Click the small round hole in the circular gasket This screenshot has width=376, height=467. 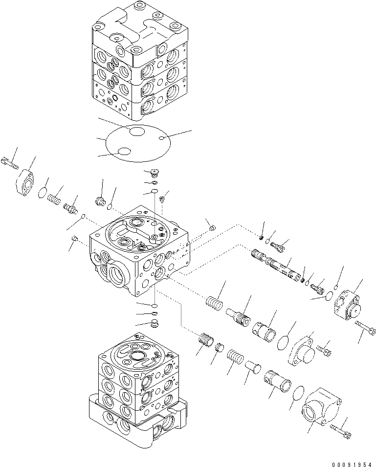click(x=161, y=140)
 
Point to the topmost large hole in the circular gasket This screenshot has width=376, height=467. click(x=137, y=131)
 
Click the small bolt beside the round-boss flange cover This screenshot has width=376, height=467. click(x=324, y=349)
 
